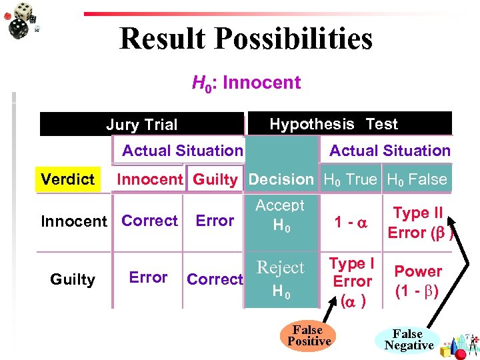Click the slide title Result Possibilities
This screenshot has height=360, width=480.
tap(245, 38)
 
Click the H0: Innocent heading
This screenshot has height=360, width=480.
tap(246, 83)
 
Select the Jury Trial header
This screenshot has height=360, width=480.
tap(141, 125)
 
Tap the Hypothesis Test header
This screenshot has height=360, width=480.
tap(333, 124)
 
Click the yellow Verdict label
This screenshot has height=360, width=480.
tap(67, 179)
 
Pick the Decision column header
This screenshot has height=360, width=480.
tap(281, 179)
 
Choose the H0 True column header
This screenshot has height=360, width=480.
tap(350, 179)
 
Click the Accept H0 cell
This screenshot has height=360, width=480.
tap(280, 215)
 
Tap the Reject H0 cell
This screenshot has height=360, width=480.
tap(280, 278)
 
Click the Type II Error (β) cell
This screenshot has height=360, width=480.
tap(419, 223)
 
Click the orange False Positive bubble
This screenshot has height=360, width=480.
tap(309, 335)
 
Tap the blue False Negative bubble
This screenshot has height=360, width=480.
tap(408, 339)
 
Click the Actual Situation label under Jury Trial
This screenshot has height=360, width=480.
tap(182, 151)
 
